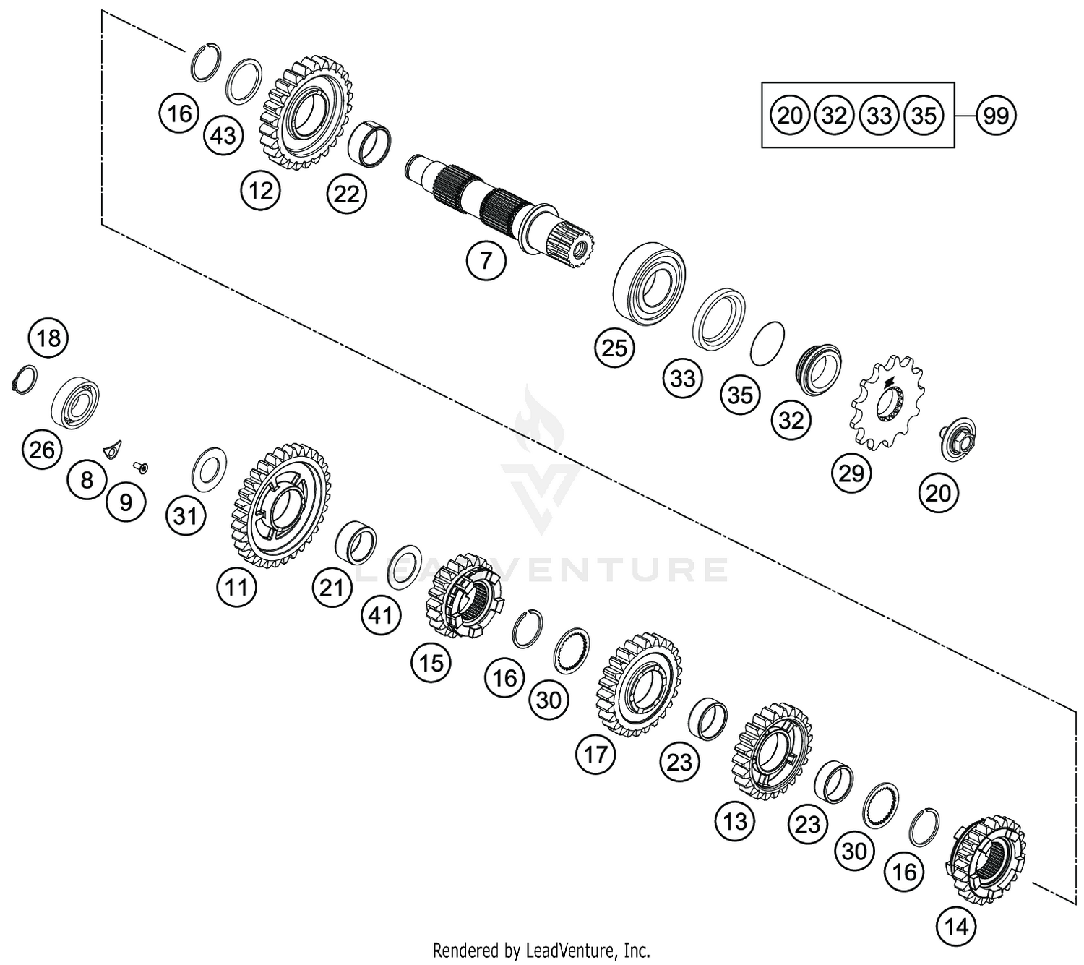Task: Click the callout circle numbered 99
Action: click(996, 115)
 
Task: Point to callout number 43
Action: click(223, 135)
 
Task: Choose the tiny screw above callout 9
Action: click(142, 468)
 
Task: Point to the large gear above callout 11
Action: click(283, 505)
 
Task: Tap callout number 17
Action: click(595, 755)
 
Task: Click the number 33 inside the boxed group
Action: click(879, 115)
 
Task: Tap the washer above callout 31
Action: click(209, 468)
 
